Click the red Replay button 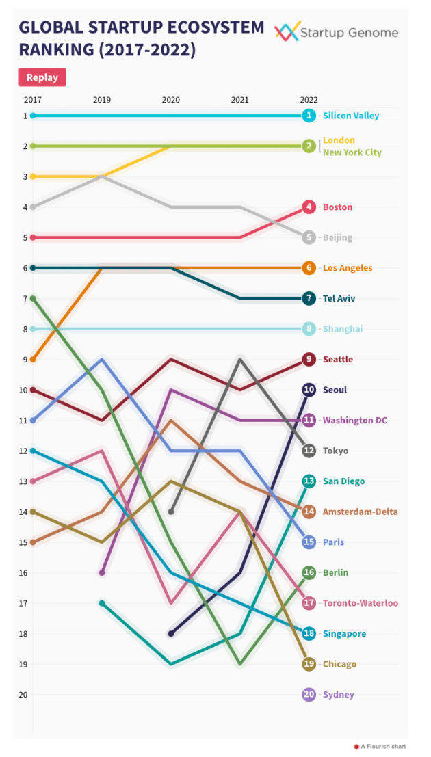(42, 77)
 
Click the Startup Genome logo (336, 32)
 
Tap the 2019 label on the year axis (102, 100)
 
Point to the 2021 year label (239, 100)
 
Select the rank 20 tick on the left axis (24, 695)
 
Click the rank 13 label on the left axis (24, 481)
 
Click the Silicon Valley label (350, 116)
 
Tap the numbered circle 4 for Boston (309, 207)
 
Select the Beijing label (337, 238)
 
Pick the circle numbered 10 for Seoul (309, 390)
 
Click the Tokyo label (335, 451)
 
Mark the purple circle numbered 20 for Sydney (309, 695)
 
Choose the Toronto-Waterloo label (360, 603)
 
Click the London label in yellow (339, 140)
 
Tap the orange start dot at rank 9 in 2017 (33, 359)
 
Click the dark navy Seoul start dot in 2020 (171, 634)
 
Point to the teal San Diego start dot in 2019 (102, 603)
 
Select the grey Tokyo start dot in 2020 (171, 512)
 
